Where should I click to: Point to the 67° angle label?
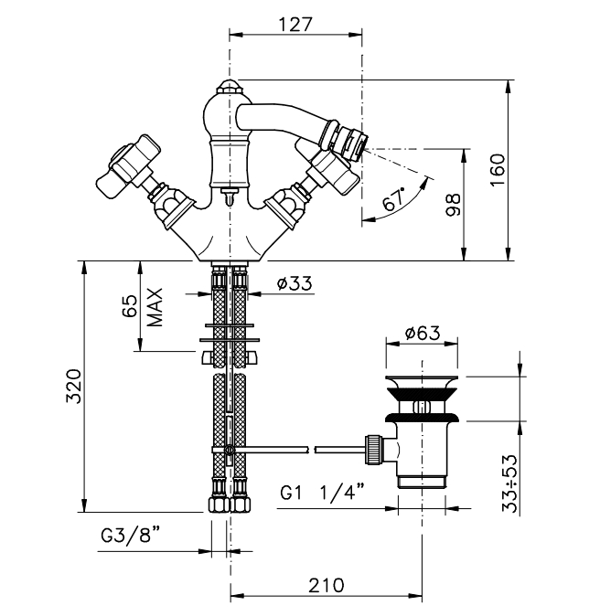tap(394, 199)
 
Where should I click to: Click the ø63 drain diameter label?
tap(422, 334)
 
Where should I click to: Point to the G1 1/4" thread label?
tap(323, 493)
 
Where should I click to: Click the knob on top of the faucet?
tap(229, 91)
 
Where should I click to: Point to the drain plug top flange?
tap(422, 381)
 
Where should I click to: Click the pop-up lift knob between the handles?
tap(229, 195)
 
